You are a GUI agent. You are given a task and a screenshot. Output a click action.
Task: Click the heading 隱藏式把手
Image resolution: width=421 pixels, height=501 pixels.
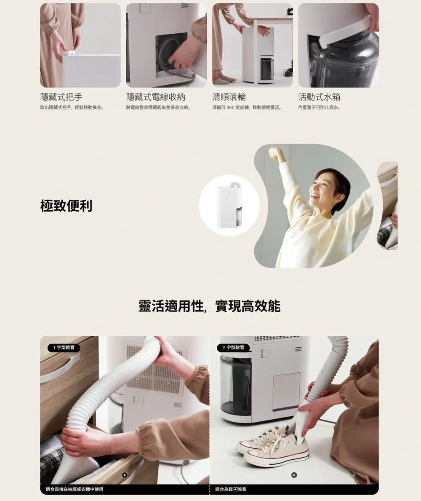pyautogui.click(x=61, y=97)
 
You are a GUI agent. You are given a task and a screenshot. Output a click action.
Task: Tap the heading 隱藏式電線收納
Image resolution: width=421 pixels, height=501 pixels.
pyautogui.click(x=156, y=97)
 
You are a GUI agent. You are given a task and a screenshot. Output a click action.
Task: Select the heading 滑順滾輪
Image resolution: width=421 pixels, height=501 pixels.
pyautogui.click(x=229, y=97)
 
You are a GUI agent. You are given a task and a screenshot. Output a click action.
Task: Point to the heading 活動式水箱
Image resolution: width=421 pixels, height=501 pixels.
pyautogui.click(x=319, y=97)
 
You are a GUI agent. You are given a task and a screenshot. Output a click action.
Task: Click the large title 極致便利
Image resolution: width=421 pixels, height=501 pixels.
pyautogui.click(x=67, y=206)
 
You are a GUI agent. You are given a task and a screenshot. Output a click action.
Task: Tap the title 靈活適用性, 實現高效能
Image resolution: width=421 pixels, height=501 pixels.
pyautogui.click(x=209, y=306)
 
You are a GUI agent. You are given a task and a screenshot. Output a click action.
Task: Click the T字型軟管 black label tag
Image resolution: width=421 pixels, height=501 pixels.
pyautogui.click(x=64, y=348)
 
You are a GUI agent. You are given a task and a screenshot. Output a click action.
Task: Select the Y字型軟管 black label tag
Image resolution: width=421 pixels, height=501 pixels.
pyautogui.click(x=233, y=348)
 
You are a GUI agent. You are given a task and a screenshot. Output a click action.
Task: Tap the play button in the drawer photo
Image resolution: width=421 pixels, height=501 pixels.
pyautogui.click(x=125, y=475)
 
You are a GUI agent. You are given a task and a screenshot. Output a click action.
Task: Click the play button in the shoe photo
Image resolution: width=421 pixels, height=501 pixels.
pyautogui.click(x=294, y=475)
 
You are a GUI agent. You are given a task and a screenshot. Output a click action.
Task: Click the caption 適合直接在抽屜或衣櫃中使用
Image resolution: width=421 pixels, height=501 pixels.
pyautogui.click(x=75, y=489)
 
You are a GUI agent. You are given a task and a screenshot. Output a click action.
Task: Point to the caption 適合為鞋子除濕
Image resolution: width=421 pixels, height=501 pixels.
pyautogui.click(x=230, y=489)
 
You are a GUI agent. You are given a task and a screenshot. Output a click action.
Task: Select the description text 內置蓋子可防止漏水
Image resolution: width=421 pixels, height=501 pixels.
pyautogui.click(x=319, y=108)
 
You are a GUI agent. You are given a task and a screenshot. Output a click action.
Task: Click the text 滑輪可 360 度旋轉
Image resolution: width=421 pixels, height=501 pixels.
pyautogui.click(x=232, y=108)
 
